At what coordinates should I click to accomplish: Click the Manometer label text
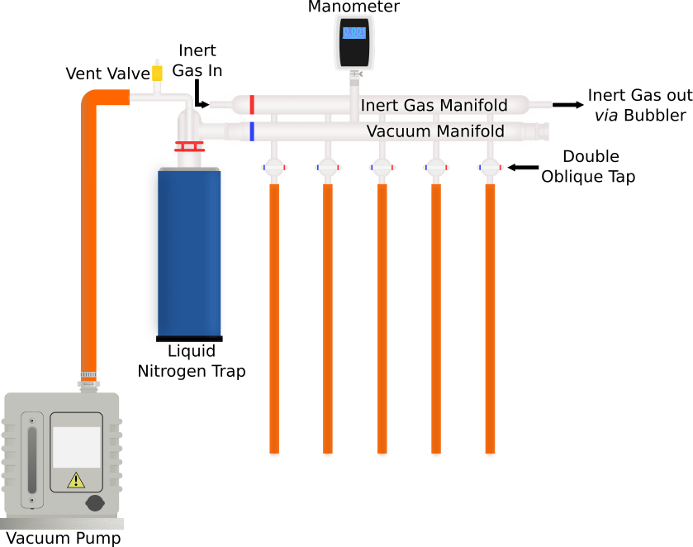coord(354,7)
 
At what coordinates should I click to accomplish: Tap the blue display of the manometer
coord(354,33)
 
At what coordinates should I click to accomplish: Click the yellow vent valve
coord(157,73)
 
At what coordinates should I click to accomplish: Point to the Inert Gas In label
coord(197,61)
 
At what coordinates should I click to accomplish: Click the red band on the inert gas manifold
coord(252,105)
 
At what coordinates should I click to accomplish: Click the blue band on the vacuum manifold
coord(252,131)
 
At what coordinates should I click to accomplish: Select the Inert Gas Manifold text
coord(434,106)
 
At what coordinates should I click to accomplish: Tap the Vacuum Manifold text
coord(435,131)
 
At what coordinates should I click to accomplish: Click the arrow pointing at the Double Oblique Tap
coord(520,167)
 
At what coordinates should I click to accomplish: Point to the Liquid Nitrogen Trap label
coord(191,362)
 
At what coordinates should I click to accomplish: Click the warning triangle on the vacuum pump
coord(76,479)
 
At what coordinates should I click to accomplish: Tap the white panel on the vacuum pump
coord(76,447)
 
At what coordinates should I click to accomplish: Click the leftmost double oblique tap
coord(274,168)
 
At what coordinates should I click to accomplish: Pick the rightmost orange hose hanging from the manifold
coord(490,318)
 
